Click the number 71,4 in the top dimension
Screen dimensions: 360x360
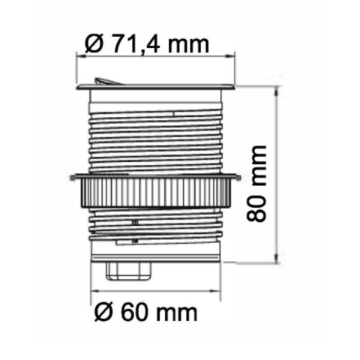pyautogui.click(x=136, y=43)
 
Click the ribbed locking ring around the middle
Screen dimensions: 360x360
pyautogui.click(x=155, y=192)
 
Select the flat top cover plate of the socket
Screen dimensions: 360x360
pyautogui.click(x=155, y=88)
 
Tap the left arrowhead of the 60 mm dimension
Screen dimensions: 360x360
pyautogui.click(x=93, y=292)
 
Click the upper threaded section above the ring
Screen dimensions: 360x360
pyautogui.click(x=155, y=135)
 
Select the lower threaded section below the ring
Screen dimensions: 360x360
pyautogui.click(x=155, y=229)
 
